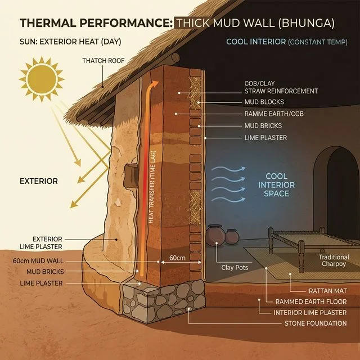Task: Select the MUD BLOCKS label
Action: [264, 102]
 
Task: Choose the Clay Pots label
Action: [235, 268]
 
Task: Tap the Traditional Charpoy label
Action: [334, 260]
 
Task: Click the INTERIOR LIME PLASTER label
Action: [310, 313]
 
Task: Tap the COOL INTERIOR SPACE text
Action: [276, 185]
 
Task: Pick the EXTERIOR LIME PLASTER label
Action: [43, 242]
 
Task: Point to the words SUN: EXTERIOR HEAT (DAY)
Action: [70, 42]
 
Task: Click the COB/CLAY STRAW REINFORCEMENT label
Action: [281, 87]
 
